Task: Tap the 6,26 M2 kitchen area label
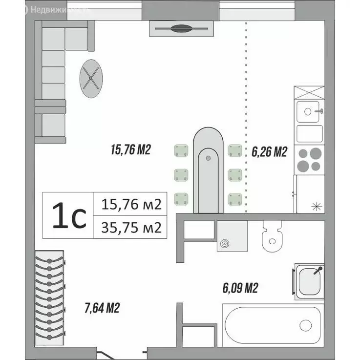pos(268,152)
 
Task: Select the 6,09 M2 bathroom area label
pos(240,289)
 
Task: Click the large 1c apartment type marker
pos(68,215)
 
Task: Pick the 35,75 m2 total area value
pos(130,227)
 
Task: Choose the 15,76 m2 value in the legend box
pos(130,204)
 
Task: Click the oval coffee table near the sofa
pos(91,74)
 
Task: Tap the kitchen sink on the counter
pos(309,112)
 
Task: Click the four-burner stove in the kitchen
pos(309,159)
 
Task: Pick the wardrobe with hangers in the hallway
pos(50,296)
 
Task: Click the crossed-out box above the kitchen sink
pos(309,92)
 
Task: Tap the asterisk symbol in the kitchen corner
pos(316,206)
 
